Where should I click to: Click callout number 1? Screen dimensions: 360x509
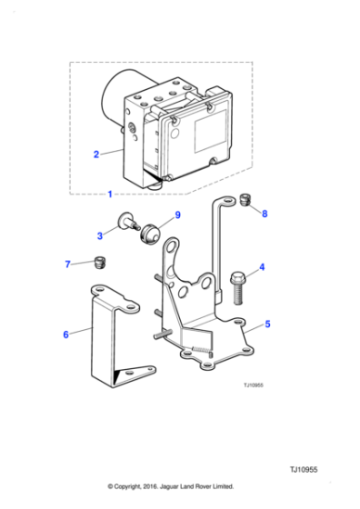[110, 195]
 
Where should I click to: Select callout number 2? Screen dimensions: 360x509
[96, 155]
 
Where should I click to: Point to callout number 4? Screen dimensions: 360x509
[261, 267]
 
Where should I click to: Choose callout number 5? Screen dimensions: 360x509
[267, 323]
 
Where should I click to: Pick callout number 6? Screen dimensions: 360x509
[65, 334]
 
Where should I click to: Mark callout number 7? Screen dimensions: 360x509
[66, 264]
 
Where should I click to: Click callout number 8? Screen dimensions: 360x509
[265, 215]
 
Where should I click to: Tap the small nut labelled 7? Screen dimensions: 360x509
[101, 264]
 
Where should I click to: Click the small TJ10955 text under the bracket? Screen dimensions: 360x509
[254, 384]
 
